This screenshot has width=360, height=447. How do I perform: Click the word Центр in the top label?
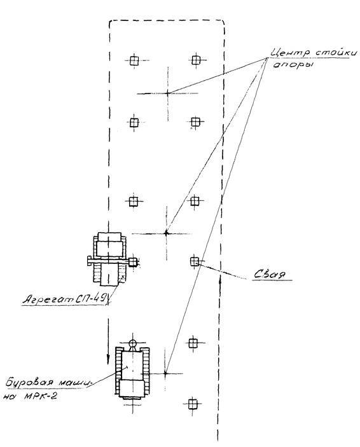click(289, 53)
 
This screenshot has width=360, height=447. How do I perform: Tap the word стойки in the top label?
click(336, 53)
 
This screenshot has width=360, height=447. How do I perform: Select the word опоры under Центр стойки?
click(293, 65)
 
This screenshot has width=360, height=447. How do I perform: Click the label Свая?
click(270, 274)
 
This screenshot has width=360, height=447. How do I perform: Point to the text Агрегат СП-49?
click(65, 299)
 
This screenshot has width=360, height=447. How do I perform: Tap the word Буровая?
click(29, 382)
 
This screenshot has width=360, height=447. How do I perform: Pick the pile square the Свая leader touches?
click(194, 261)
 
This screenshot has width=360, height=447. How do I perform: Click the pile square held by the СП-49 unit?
click(133, 262)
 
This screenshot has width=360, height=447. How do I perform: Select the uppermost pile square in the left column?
click(134, 60)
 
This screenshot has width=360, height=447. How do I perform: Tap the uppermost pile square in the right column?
click(196, 60)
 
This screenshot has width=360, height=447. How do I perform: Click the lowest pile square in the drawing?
click(193, 404)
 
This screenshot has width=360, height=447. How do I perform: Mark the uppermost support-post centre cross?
click(168, 93)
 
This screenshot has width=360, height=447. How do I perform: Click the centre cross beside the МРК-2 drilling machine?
click(165, 373)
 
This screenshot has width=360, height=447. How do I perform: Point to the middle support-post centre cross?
click(166, 233)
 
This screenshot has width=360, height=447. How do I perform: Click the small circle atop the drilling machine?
click(133, 343)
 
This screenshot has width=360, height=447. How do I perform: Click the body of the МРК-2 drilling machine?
click(133, 373)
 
